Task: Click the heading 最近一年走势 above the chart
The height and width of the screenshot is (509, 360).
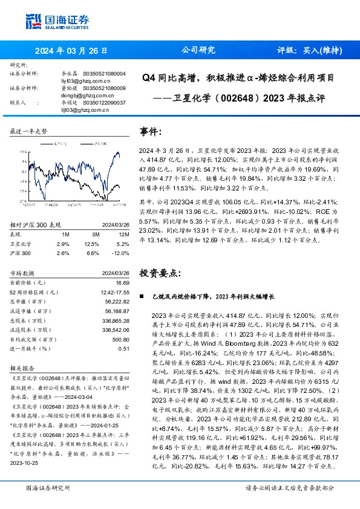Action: click(x=28, y=131)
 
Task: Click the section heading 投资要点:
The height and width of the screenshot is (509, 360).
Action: click(x=160, y=273)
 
